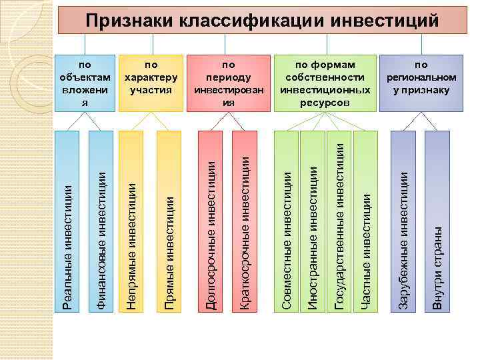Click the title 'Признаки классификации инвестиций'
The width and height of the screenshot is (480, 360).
coord(262,21)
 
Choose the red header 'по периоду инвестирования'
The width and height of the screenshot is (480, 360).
coord(229,83)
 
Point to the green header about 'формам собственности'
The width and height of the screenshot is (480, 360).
coord(325,83)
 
